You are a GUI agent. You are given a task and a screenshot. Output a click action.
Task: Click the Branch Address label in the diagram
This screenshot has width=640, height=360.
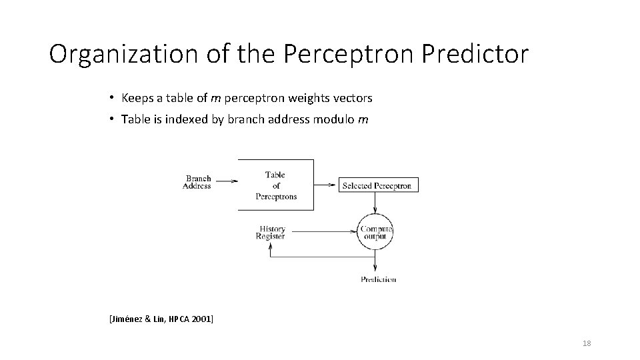(197, 182)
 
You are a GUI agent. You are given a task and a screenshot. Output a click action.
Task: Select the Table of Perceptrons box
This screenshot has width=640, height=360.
(276, 185)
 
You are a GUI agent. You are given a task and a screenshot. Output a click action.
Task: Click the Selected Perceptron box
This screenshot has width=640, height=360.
(377, 186)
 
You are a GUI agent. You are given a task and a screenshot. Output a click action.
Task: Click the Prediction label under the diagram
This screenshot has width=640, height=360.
(378, 279)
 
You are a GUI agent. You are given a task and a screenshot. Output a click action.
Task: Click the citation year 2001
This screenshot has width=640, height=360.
(200, 320)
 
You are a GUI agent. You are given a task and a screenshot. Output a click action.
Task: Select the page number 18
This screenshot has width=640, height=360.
(587, 343)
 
